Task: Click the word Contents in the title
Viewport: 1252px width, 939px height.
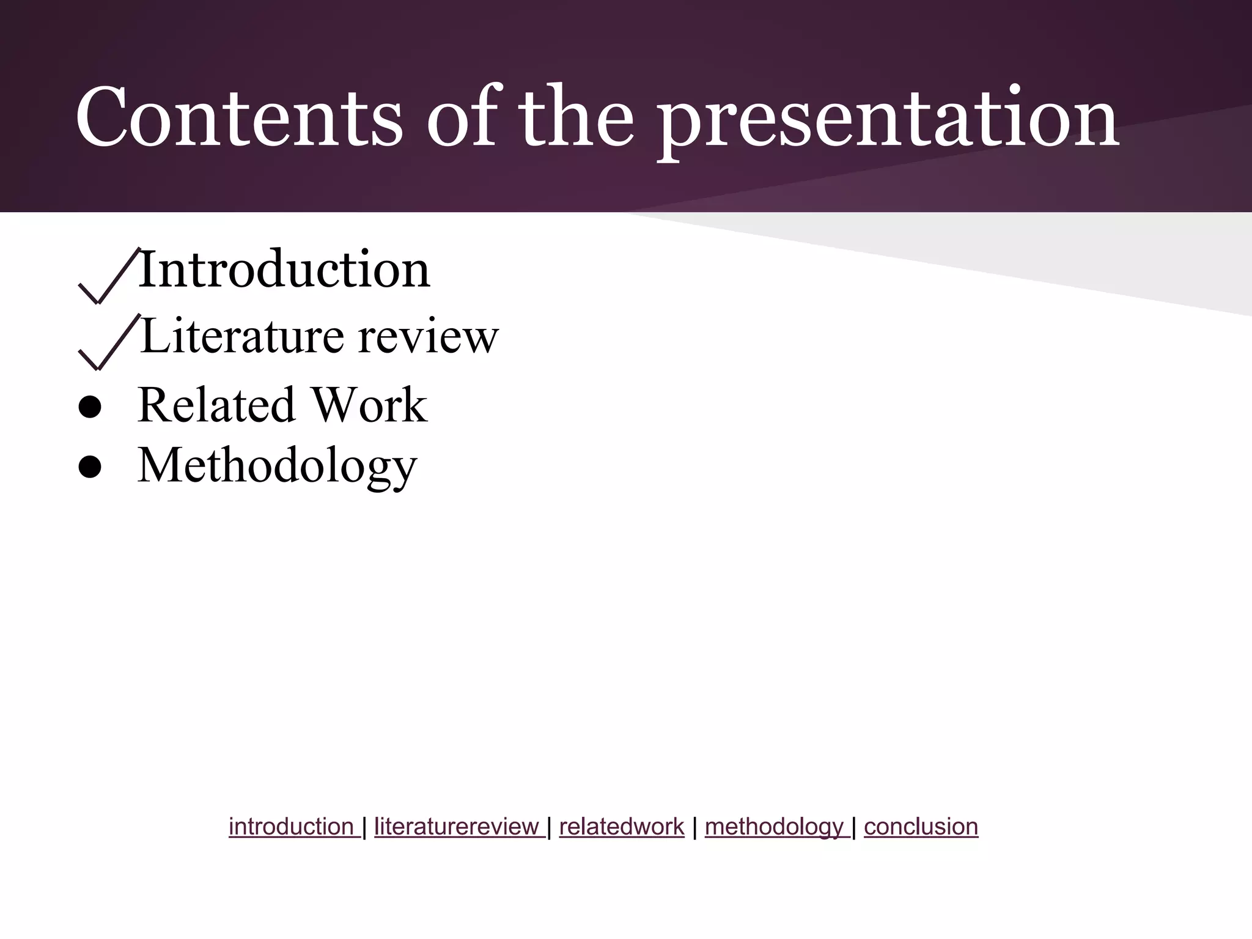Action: [239, 117]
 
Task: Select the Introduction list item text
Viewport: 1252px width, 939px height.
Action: [284, 270]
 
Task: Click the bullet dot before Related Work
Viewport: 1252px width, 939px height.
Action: [90, 408]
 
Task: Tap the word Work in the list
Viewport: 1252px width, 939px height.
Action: [369, 405]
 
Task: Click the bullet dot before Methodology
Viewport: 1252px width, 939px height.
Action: [90, 468]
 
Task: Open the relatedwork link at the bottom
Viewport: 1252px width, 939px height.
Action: [621, 827]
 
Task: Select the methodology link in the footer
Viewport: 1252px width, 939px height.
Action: [775, 827]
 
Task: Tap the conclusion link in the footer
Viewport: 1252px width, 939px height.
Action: [921, 827]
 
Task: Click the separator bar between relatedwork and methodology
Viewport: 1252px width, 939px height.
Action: [694, 827]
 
